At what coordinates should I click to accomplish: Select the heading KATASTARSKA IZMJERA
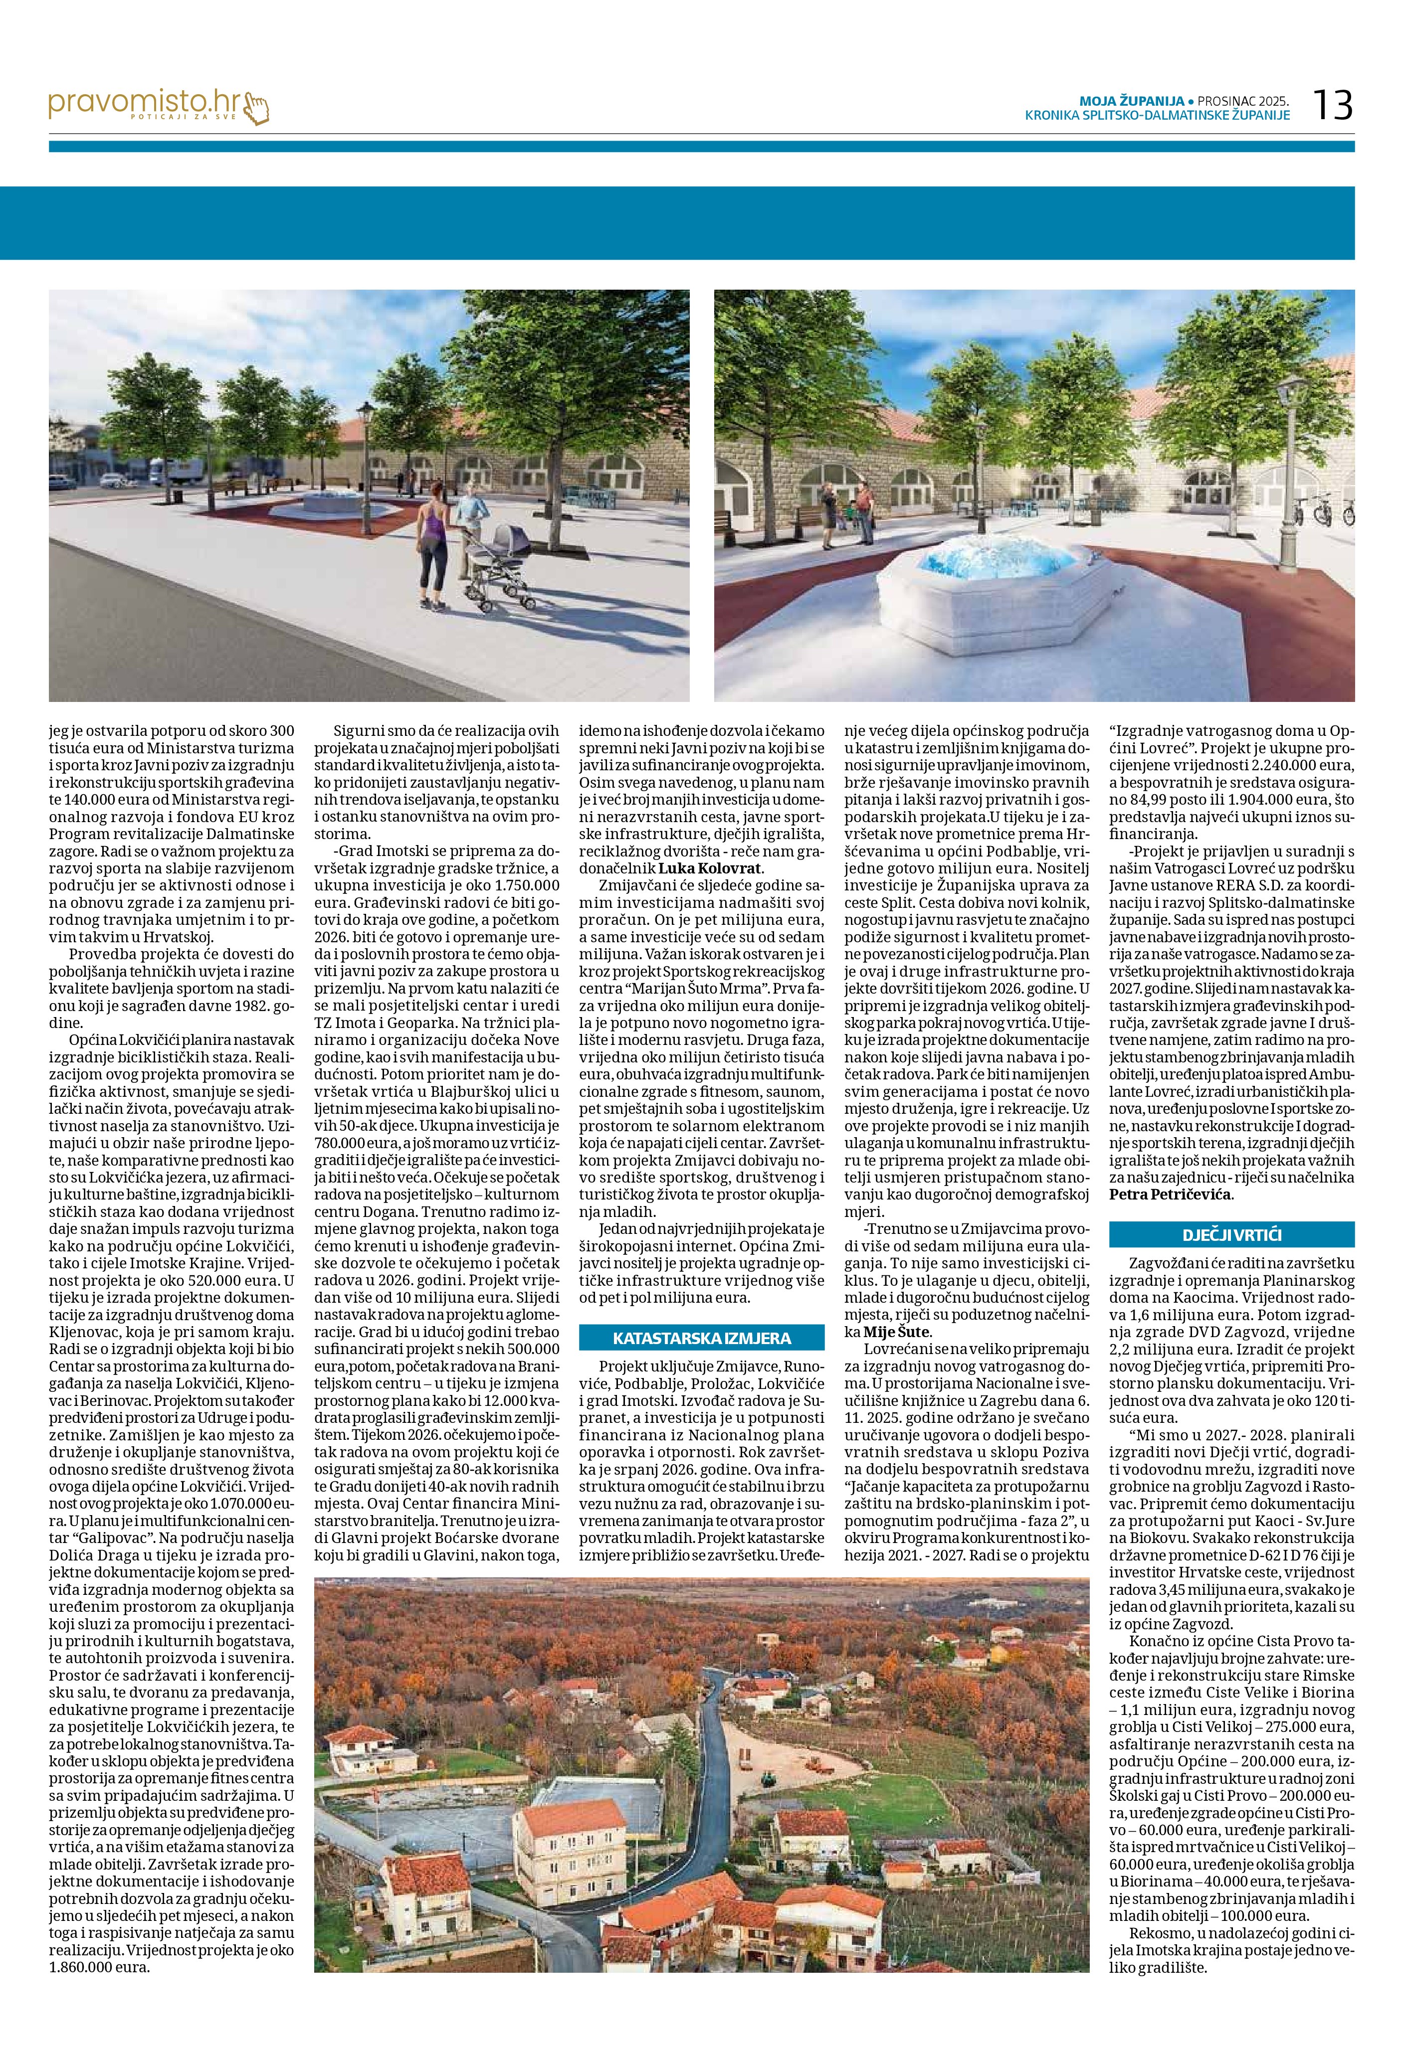(x=702, y=1337)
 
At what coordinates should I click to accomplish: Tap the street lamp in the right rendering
(x=1295, y=461)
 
